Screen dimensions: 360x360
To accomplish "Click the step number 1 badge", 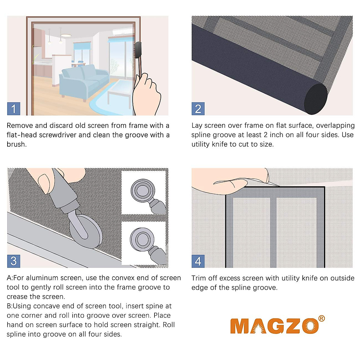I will click(x=13, y=109).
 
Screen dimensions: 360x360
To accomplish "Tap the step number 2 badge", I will click(x=198, y=109).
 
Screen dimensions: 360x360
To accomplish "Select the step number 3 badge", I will click(x=13, y=261).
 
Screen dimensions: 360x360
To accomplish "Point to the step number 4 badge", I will click(x=198, y=261).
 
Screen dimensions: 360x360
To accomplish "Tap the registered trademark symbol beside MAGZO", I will click(x=321, y=319).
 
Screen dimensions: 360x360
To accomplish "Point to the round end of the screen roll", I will click(x=315, y=99).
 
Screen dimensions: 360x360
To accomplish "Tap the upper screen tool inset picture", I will click(x=145, y=192).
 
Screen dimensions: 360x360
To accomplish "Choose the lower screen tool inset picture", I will click(x=145, y=243).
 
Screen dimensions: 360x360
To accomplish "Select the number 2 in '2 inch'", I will click(x=265, y=135).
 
